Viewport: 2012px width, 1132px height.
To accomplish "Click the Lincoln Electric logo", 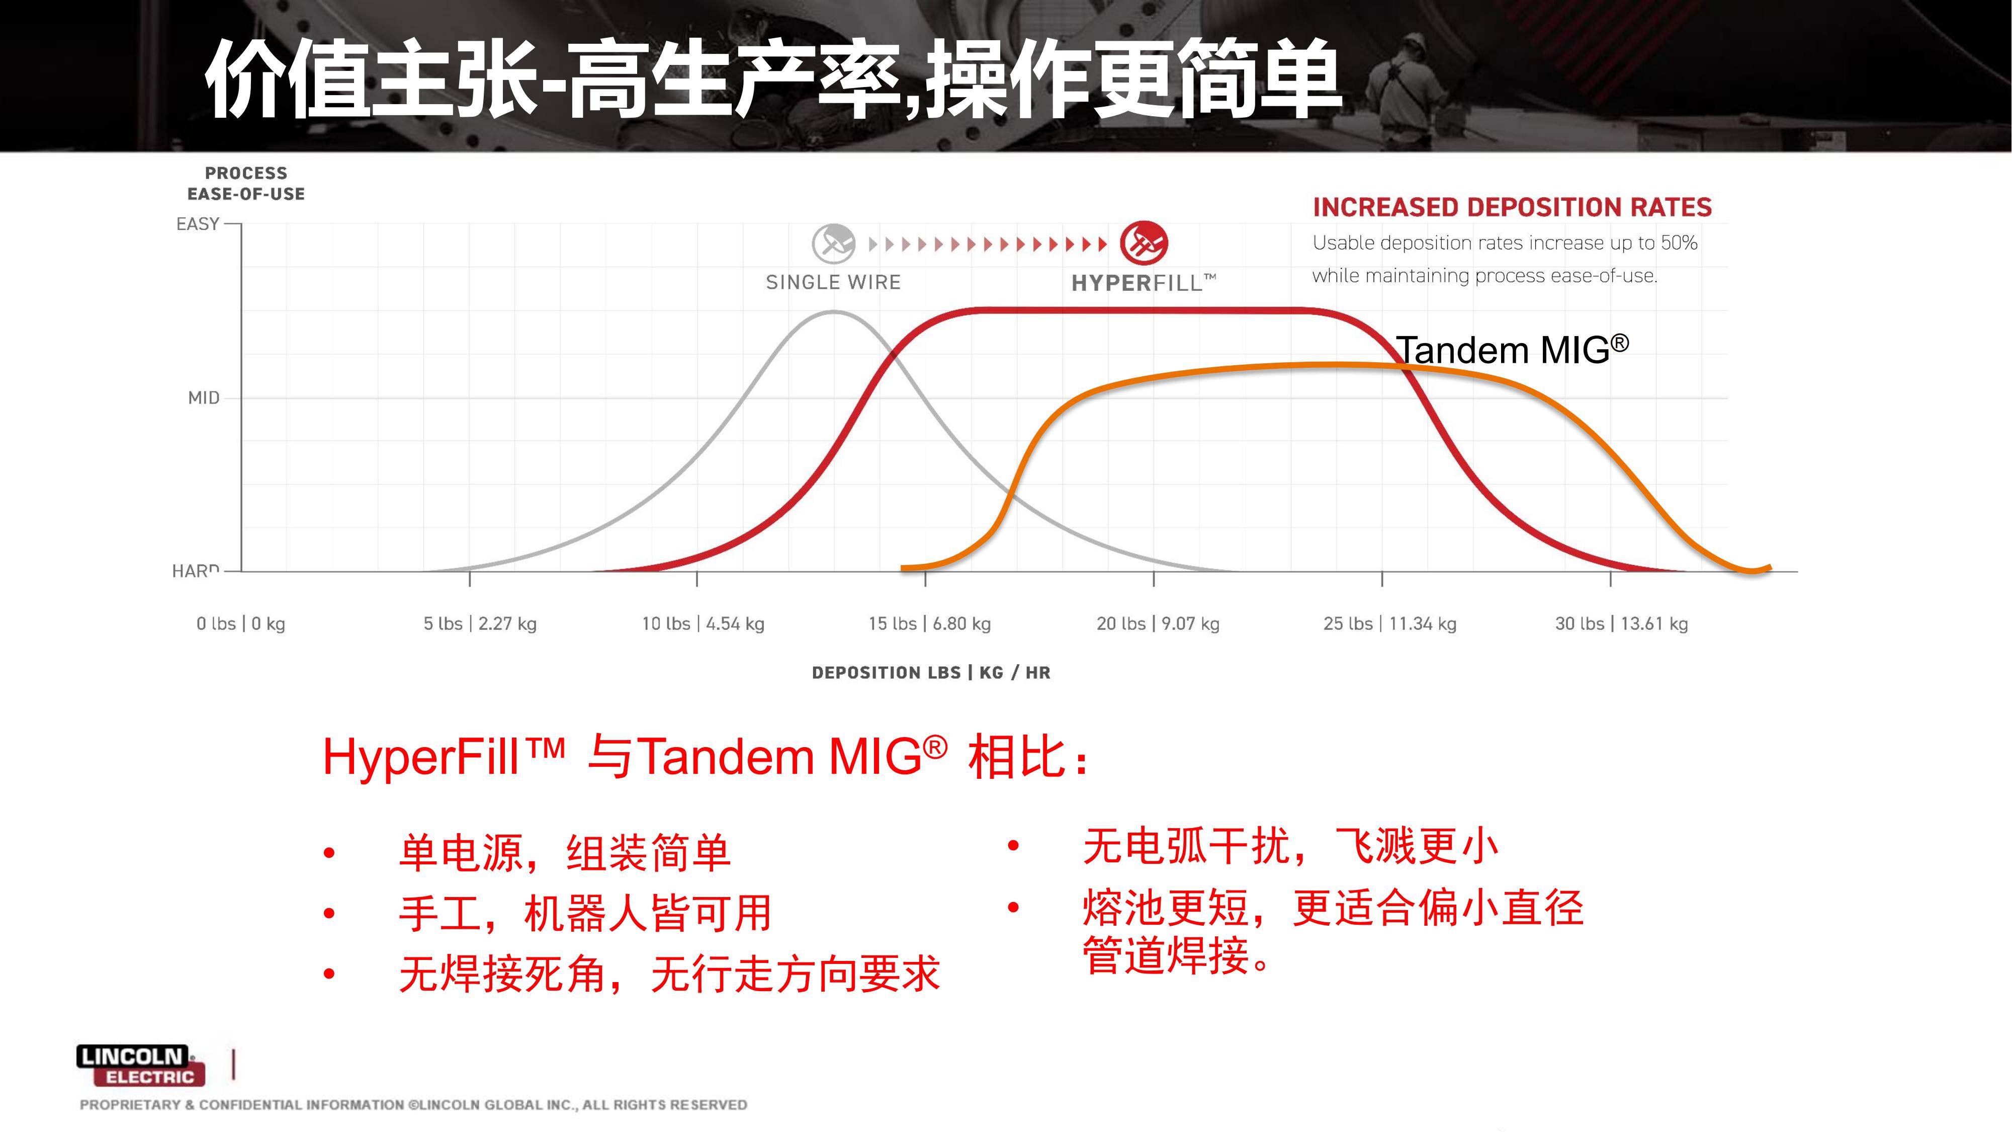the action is coord(141,1065).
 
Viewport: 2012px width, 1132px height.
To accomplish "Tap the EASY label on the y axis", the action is coord(198,224).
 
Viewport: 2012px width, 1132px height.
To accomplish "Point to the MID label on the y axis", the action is coord(204,397).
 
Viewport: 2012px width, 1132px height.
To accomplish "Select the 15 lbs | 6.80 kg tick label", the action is coord(929,623).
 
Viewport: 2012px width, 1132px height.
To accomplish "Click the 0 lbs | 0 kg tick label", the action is coord(240,623).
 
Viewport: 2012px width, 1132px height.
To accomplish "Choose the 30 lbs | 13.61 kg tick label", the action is coord(1621,623).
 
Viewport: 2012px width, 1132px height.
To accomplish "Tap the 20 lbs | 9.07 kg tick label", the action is coord(1158,623).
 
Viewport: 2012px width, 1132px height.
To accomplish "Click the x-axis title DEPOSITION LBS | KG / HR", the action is coord(931,673).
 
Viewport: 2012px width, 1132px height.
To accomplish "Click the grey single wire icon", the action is coord(833,243).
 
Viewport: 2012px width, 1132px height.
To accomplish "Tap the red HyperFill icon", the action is coord(1144,243).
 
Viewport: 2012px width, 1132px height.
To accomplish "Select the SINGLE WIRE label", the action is coord(833,282).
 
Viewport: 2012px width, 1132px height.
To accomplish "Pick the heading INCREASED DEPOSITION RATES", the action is coord(1512,207).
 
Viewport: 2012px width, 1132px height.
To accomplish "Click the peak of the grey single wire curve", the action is coord(833,312).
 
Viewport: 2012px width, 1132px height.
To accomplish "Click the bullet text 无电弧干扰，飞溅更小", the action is coord(1290,846).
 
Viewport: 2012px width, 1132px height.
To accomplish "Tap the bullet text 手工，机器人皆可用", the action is coord(585,913).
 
